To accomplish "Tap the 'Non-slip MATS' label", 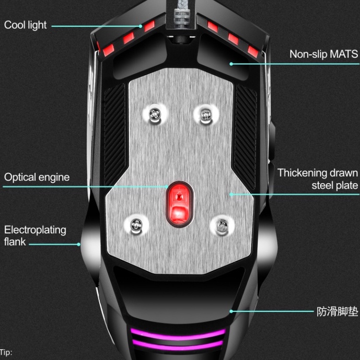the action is point(323,54).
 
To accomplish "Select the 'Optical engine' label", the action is point(37,177).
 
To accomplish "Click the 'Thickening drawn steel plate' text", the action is point(318,179).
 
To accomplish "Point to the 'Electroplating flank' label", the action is point(35,236).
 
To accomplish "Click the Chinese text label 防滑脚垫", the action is point(337,312).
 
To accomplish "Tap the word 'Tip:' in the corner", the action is point(6,353).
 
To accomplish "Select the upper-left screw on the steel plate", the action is point(154,113).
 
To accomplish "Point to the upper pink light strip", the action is point(178,332).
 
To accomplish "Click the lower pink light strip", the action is point(178,343).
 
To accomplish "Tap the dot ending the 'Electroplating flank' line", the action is point(79,243).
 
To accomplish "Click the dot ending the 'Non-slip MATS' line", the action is point(230,64).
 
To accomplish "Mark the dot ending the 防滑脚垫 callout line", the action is point(230,311).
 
